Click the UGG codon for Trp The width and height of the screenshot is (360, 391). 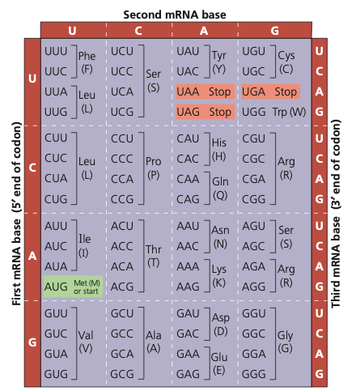point(254,112)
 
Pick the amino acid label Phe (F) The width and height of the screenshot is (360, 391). point(87,62)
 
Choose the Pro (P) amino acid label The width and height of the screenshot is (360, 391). point(154,168)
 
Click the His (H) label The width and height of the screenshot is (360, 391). point(219,149)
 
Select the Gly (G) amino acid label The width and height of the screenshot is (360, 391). point(285,342)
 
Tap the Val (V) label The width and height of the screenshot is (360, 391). point(86,342)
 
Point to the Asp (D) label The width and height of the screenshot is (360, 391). point(221,324)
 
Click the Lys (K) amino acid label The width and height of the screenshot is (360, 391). point(219,276)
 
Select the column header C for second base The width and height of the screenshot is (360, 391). point(138,31)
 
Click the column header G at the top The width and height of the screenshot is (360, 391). point(275,31)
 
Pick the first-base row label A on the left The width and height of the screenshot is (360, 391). point(32,256)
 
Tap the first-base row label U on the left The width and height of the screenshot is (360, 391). point(32,79)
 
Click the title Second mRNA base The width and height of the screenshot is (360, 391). point(175,15)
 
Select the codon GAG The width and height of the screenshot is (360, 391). point(188,374)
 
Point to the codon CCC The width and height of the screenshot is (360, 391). point(122,159)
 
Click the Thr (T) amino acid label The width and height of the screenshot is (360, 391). point(154,256)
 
